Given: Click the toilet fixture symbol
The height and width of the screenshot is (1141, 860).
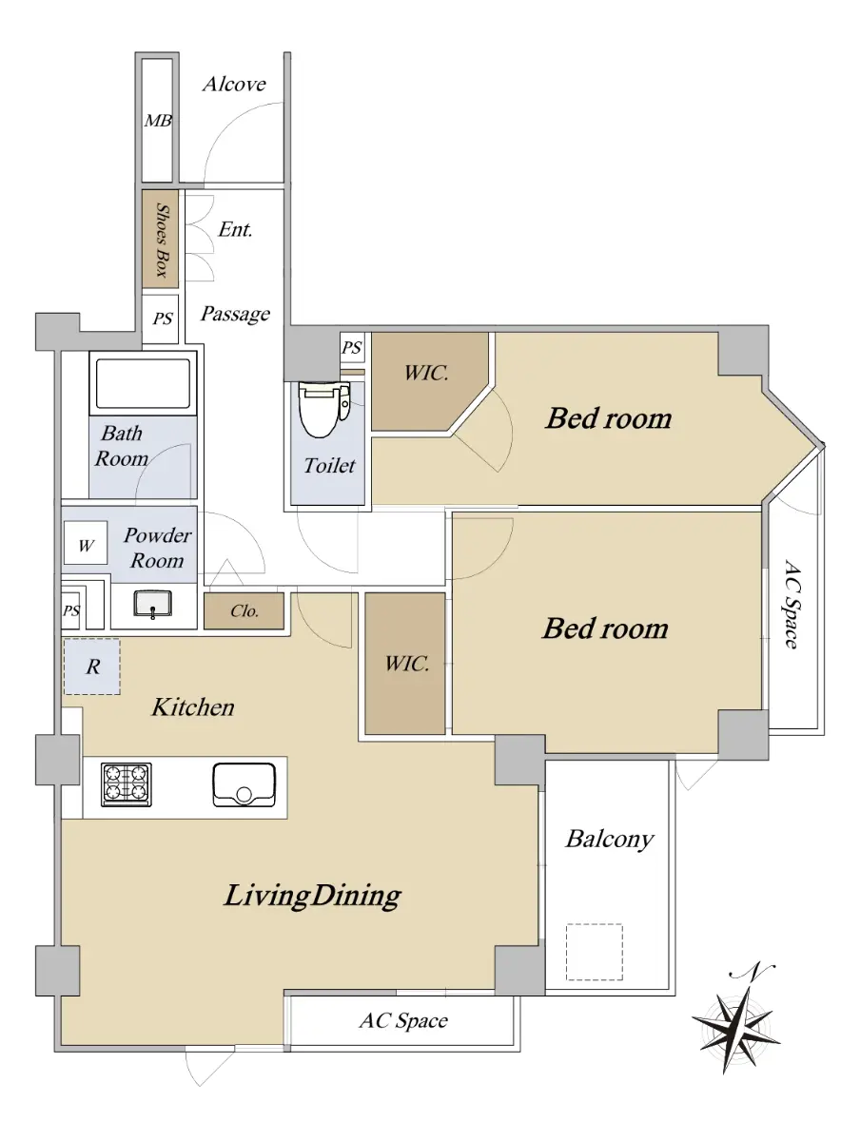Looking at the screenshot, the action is click(323, 409).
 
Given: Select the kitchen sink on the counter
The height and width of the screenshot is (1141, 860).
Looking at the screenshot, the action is click(244, 784).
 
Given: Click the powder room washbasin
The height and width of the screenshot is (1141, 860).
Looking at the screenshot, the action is click(153, 604).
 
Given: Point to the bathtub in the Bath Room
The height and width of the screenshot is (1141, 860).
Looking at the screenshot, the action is click(143, 383).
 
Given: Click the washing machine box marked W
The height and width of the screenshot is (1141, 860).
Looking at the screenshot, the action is click(86, 543).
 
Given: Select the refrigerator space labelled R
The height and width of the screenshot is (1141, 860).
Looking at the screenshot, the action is click(92, 667).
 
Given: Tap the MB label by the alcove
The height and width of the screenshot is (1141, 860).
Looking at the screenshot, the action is click(158, 121).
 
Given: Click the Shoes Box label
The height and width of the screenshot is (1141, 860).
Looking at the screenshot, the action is click(163, 241).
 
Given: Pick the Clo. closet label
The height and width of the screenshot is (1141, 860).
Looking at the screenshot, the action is click(244, 610).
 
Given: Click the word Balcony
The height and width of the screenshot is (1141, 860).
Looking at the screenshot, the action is click(610, 840).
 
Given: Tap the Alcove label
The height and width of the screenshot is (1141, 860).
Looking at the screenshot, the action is click(234, 84).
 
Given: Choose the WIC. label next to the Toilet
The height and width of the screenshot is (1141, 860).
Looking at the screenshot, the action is click(426, 373).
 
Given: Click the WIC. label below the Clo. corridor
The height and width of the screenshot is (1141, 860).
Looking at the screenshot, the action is click(407, 664).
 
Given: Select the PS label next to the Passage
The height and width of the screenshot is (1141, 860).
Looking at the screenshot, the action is click(163, 319).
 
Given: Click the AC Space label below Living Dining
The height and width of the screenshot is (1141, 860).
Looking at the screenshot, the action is click(403, 1021).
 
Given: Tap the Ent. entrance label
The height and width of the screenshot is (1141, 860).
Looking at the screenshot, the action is click(235, 229).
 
